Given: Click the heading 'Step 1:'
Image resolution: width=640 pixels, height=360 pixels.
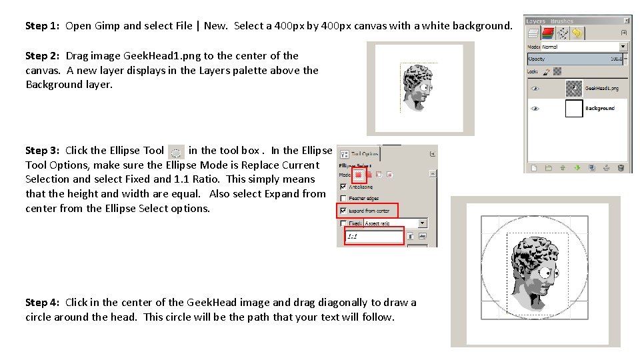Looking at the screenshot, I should (43, 26).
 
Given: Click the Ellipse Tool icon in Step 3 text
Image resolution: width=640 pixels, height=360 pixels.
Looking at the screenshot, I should (176, 151).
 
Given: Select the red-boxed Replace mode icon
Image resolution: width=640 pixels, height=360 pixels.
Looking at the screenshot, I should (359, 175).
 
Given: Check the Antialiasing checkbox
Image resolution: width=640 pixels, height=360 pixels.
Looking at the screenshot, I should (343, 187).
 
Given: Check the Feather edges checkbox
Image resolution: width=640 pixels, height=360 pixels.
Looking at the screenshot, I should (343, 198).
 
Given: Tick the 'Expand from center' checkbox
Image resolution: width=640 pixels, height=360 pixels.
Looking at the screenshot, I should (343, 211).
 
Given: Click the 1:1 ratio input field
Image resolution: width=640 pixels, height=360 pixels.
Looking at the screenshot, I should (374, 236).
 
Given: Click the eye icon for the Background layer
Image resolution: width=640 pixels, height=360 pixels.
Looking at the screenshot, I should (535, 109).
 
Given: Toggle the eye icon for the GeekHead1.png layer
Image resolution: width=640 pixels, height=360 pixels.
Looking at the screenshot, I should (535, 88).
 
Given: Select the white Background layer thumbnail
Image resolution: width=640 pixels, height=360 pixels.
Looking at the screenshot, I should (573, 109).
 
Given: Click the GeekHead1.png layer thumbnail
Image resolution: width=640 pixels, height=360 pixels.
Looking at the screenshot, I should (573, 88).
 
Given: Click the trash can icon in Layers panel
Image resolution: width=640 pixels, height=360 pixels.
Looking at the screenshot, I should (621, 167).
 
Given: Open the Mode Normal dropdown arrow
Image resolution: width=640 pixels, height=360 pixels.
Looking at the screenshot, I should (623, 47).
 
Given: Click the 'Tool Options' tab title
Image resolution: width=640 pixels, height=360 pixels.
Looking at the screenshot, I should (365, 153).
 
